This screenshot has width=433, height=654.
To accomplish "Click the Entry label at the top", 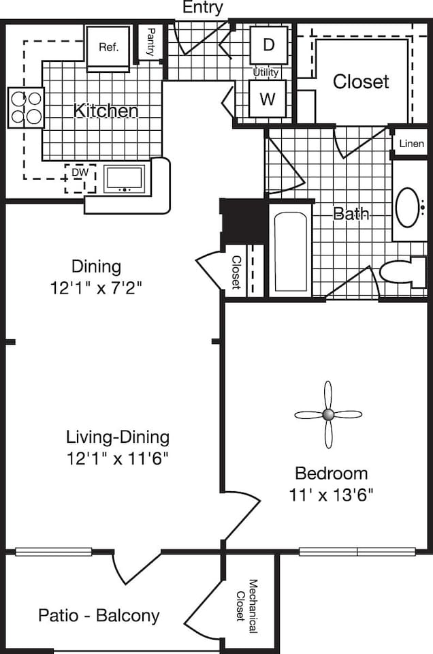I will pyautogui.click(x=202, y=8).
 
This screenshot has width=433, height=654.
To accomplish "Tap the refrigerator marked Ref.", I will pyautogui.click(x=108, y=48).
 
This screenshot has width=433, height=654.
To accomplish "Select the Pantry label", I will pyautogui.click(x=150, y=43).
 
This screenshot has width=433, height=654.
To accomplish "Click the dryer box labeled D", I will pyautogui.click(x=268, y=46).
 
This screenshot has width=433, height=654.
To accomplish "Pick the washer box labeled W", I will pyautogui.click(x=268, y=99).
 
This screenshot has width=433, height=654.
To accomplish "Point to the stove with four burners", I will pyautogui.click(x=26, y=108).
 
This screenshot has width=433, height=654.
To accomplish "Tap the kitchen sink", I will pyautogui.click(x=124, y=178).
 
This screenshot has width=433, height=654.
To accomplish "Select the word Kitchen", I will pyautogui.click(x=106, y=110).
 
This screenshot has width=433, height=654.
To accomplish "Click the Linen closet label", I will pyautogui.click(x=411, y=144).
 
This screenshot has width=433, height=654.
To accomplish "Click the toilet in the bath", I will pyautogui.click(x=402, y=272).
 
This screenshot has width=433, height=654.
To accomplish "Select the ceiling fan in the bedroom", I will pyautogui.click(x=327, y=414).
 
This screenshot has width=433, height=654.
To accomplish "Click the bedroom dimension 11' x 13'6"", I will pyautogui.click(x=331, y=494).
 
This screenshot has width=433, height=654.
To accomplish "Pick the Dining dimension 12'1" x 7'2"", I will pyautogui.click(x=95, y=287).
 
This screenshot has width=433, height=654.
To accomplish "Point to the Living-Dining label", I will pyautogui.click(x=117, y=437).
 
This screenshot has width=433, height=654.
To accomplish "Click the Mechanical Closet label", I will pyautogui.click(x=246, y=606).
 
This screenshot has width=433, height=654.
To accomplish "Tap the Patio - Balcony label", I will pyautogui.click(x=99, y=616).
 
